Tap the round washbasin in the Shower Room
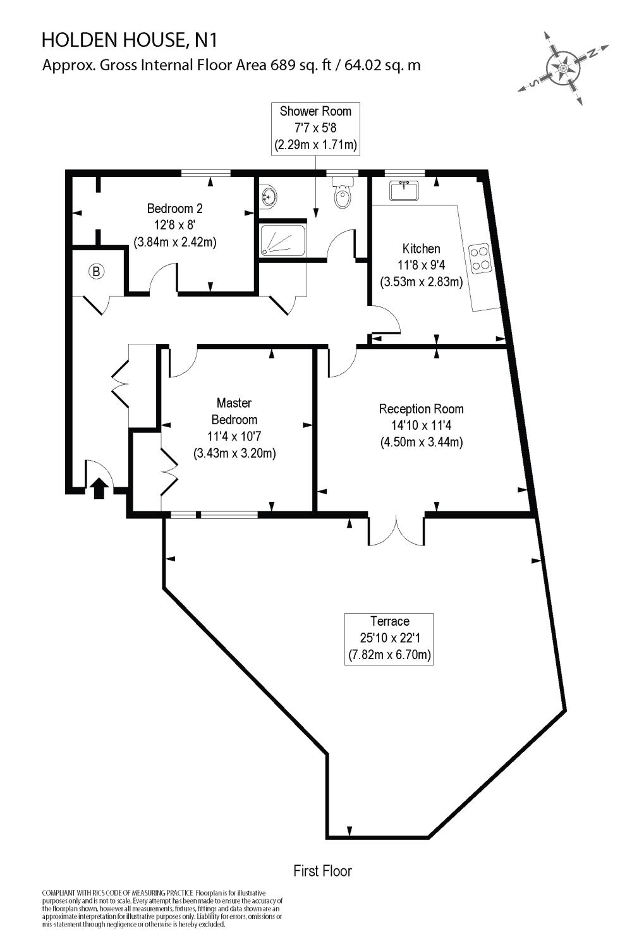268,197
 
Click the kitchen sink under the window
404,190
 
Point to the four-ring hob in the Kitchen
480,257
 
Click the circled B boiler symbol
96,272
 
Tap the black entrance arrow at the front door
98,489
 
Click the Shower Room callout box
316,128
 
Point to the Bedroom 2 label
175,224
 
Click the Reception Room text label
422,425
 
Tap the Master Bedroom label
234,428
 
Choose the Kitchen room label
422,265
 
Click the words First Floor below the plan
322,871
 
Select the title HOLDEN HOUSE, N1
130,41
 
